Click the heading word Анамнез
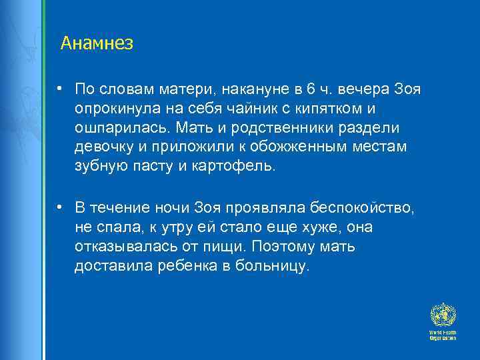pos(97,44)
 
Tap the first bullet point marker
pos(60,89)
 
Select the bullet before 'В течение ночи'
pos(60,208)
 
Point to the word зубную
pos(99,166)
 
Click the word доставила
pos(109,267)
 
